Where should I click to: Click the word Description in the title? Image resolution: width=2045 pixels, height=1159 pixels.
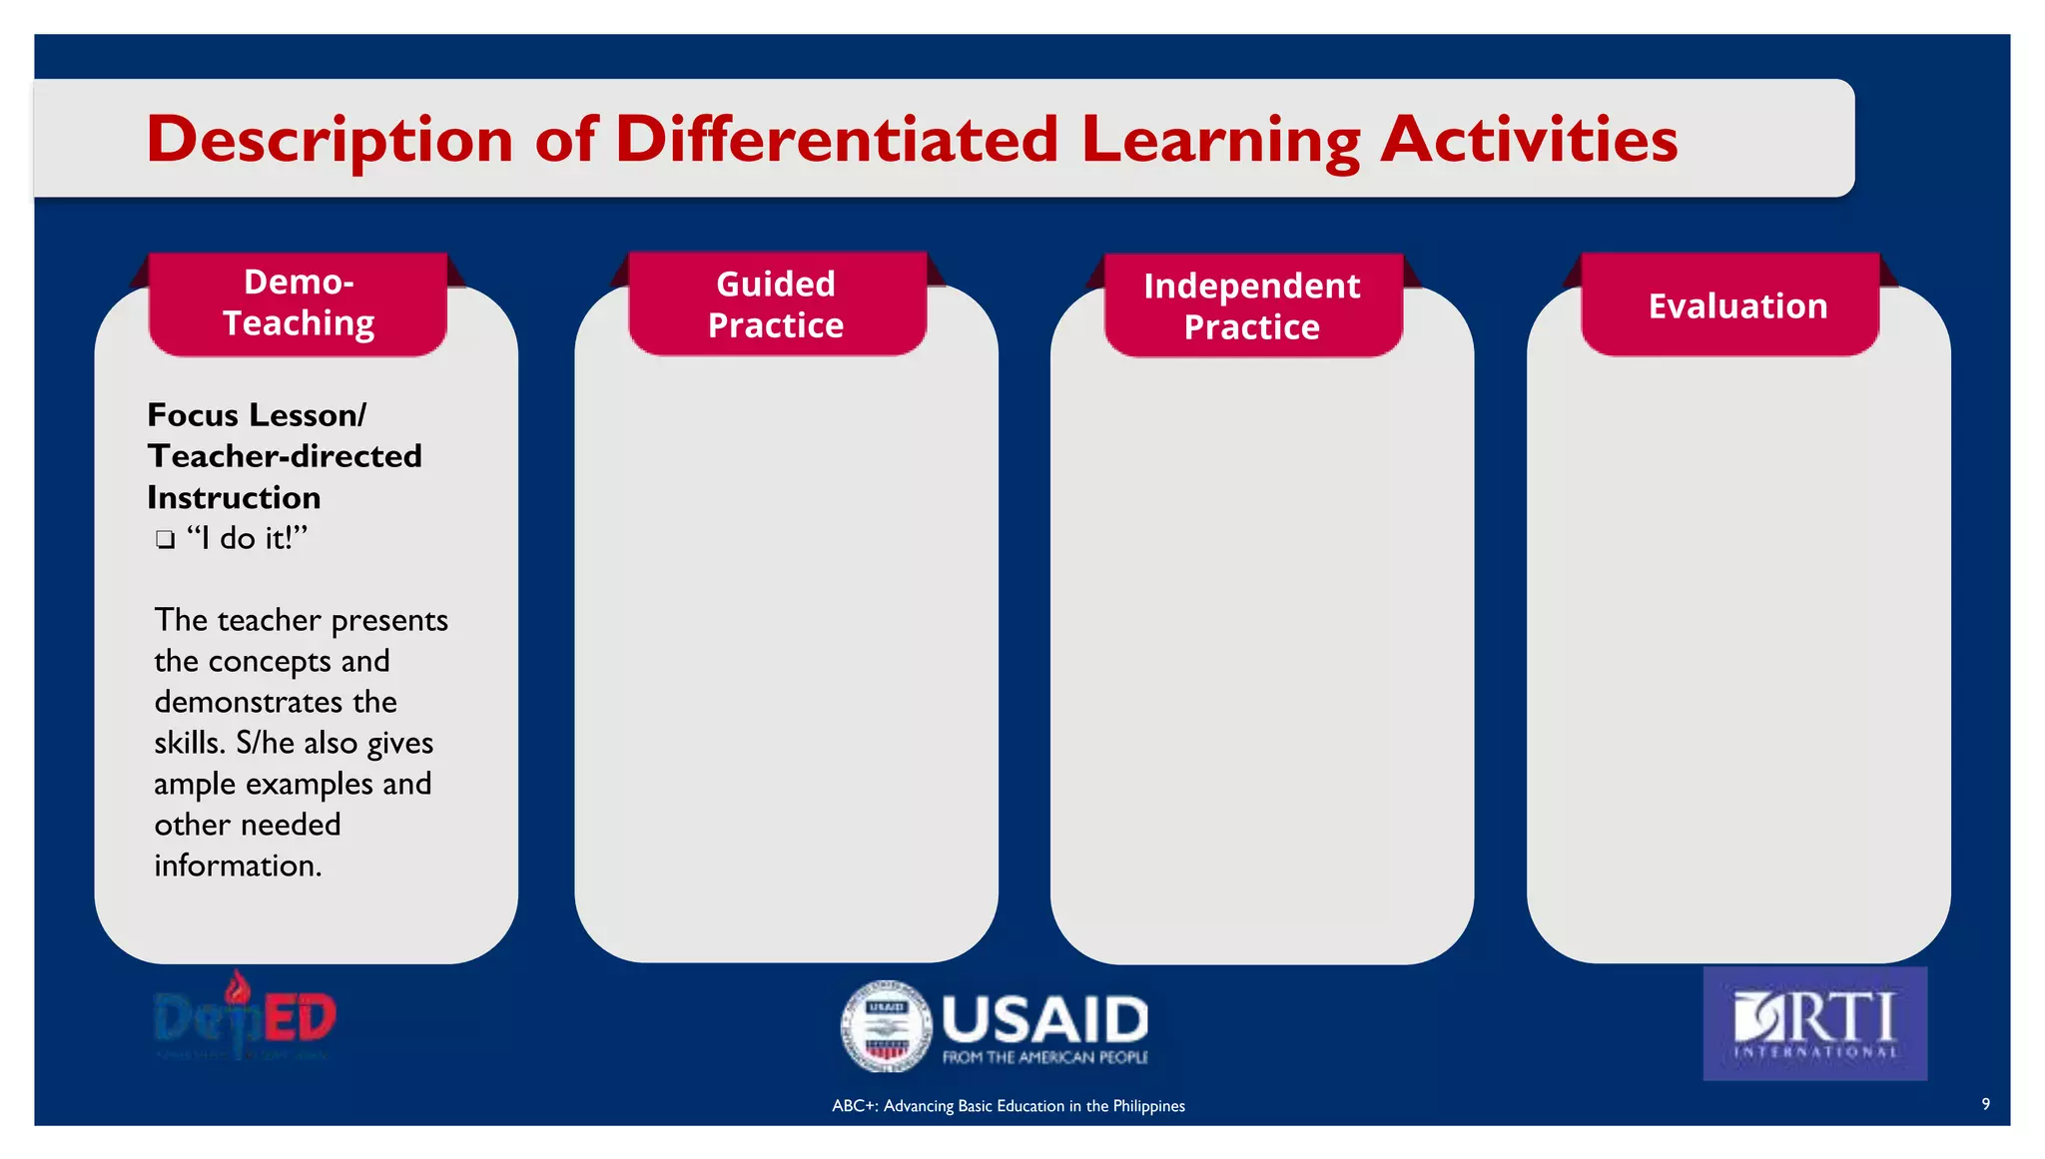tap(329, 140)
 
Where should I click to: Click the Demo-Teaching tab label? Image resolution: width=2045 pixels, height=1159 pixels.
tap(299, 302)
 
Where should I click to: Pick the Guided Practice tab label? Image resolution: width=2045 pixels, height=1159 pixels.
tap(776, 304)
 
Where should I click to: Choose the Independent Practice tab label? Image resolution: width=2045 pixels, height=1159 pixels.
tap(1251, 306)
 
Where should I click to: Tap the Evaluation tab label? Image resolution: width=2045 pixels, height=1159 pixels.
tap(1737, 305)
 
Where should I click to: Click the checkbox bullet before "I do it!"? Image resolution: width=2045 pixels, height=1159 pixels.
tap(165, 540)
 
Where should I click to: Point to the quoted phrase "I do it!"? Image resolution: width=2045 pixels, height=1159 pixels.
tap(247, 538)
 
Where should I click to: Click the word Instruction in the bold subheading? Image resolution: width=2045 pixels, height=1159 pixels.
tap(234, 497)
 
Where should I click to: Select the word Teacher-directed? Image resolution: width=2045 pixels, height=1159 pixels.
tap(285, 456)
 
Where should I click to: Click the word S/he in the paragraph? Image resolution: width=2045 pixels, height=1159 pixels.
tap(265, 743)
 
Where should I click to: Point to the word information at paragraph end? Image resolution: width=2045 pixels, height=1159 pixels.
tap(238, 866)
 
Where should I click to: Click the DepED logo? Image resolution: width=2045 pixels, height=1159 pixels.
tap(245, 1017)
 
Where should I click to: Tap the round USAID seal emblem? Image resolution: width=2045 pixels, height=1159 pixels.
tap(886, 1025)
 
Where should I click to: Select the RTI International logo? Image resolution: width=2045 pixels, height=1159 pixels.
tap(1814, 1023)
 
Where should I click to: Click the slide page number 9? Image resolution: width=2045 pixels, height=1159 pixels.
tap(1985, 1104)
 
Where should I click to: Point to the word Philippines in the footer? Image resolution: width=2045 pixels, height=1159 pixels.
tap(1148, 1106)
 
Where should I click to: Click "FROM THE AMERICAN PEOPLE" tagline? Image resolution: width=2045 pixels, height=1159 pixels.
tap(1044, 1057)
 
